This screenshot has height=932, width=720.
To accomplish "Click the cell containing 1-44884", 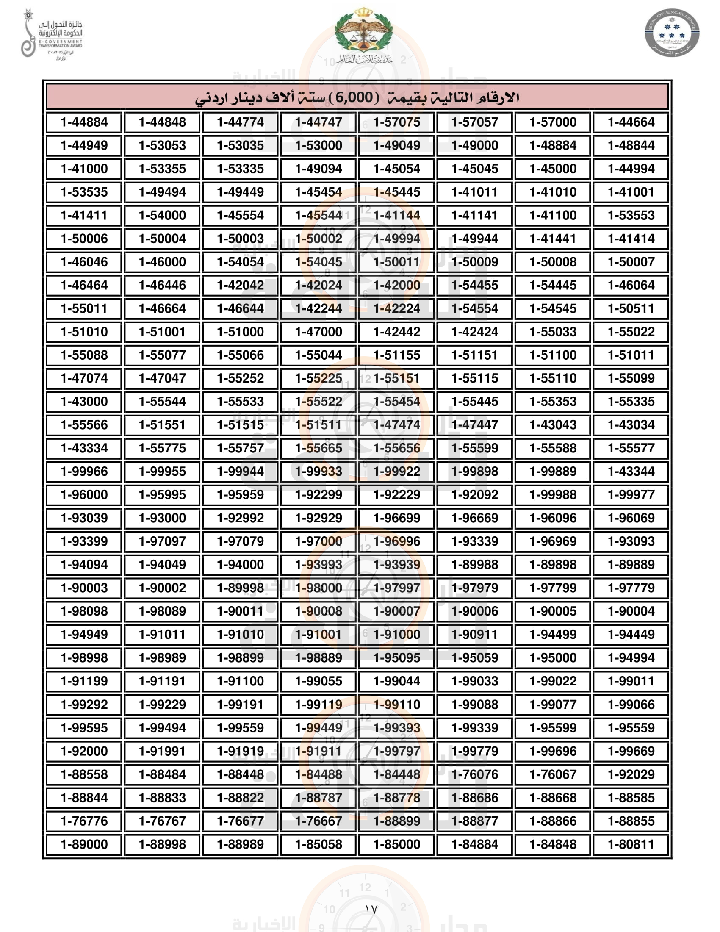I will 84,122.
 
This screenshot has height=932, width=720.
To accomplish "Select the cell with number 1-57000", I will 553,122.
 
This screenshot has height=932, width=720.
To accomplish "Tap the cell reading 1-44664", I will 631,122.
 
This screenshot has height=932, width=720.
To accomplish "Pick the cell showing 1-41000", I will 84,169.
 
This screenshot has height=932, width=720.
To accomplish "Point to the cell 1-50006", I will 84,239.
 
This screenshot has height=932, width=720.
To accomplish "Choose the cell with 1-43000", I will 84,402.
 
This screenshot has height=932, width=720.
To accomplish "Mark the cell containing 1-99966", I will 84,472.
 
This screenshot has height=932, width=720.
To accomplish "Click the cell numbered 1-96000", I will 84,495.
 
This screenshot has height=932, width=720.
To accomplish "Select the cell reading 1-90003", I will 84,588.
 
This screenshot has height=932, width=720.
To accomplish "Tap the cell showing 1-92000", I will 84,752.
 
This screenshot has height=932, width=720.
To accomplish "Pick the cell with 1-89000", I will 84,844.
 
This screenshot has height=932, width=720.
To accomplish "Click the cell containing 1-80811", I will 631,844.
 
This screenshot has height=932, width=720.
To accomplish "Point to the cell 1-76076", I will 475,774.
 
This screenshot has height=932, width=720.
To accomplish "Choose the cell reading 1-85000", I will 397,844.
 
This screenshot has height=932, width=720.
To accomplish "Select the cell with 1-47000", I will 318,332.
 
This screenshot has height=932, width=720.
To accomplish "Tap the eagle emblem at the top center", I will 363,34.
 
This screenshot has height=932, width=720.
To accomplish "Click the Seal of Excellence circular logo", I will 672,33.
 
